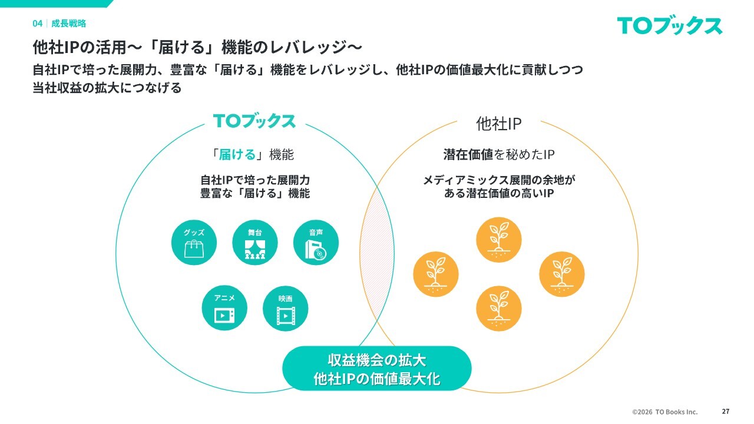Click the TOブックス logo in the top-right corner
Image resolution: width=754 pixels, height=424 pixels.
(670, 26)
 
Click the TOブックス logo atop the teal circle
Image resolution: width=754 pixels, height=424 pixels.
(254, 121)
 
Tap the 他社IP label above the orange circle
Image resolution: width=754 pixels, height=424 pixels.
(498, 123)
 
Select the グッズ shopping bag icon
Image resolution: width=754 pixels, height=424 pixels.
(194, 243)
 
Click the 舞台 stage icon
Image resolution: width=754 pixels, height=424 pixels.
(254, 243)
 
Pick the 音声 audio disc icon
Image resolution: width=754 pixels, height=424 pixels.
(316, 243)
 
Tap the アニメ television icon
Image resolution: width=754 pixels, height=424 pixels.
(224, 309)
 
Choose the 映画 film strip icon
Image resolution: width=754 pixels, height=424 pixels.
(285, 309)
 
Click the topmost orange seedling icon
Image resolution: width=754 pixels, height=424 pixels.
(498, 240)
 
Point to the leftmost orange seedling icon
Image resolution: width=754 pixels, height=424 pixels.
(436, 274)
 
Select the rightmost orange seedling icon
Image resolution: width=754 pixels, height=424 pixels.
(562, 274)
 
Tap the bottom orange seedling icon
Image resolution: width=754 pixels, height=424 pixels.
(498, 308)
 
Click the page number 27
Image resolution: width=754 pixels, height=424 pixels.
(725, 412)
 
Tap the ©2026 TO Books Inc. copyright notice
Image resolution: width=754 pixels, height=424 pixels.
(664, 412)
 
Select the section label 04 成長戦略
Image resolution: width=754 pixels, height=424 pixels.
(59, 24)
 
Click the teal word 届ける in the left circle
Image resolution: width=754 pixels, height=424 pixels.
(237, 155)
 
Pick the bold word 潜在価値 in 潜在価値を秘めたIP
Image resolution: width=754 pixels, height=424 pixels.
(468, 155)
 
